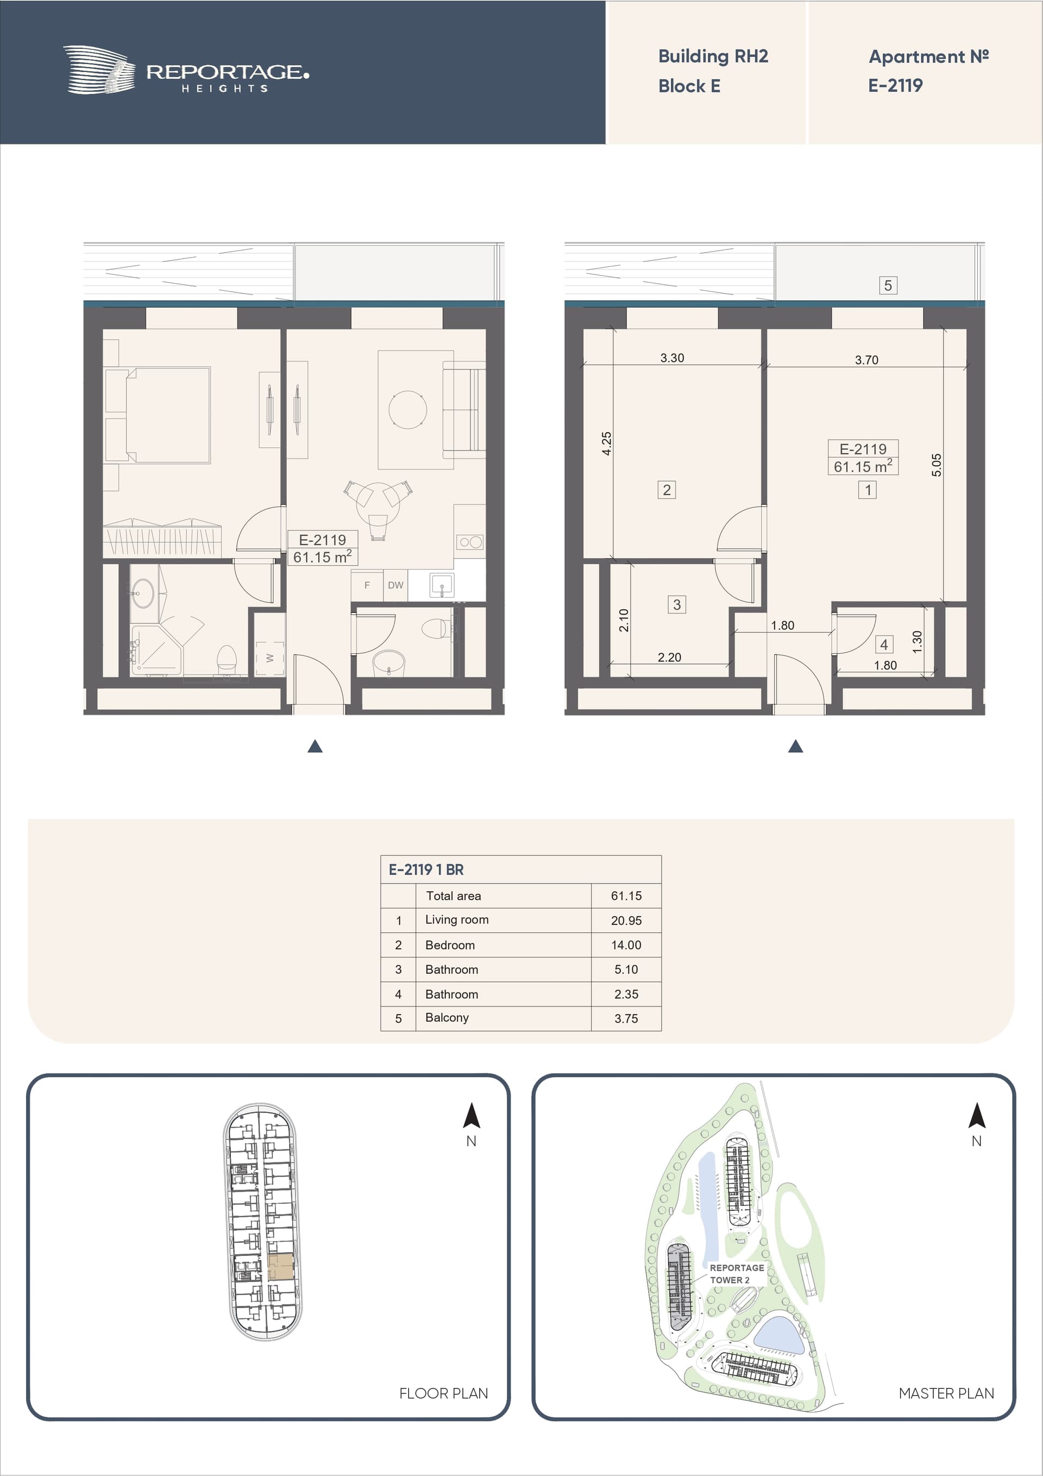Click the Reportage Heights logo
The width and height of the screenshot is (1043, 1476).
186,70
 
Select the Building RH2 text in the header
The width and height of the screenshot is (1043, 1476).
713,57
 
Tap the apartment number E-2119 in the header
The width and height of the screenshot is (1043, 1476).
895,85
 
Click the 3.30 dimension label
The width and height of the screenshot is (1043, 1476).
672,358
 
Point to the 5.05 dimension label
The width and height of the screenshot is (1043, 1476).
937,465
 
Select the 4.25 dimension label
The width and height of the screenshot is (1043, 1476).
606,443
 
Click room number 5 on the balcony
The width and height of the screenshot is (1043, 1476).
888,285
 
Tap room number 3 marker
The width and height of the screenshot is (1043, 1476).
677,604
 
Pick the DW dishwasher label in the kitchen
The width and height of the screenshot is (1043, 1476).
395,585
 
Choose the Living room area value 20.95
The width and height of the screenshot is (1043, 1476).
626,921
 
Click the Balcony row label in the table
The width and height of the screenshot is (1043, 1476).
447,1018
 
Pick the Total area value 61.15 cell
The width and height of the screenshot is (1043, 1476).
626,896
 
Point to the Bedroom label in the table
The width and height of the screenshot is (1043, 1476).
450,945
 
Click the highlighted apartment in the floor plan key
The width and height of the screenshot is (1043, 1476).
280,1266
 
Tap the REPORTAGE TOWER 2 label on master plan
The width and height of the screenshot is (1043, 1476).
737,1273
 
